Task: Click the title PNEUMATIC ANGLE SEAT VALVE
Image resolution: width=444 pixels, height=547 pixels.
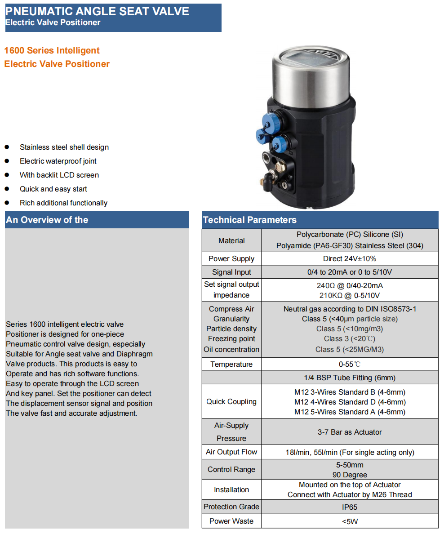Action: click(x=97, y=11)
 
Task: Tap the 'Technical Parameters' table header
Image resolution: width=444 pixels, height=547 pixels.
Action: click(x=250, y=220)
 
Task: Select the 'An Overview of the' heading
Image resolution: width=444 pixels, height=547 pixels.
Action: click(x=47, y=220)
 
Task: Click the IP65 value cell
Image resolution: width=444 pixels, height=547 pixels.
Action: click(x=350, y=507)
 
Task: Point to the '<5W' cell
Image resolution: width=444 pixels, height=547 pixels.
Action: click(x=350, y=521)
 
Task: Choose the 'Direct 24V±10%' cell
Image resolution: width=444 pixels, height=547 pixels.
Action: click(x=350, y=258)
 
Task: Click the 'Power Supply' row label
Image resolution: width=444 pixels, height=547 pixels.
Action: click(x=231, y=258)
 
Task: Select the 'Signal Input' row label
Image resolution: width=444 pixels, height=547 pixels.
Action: click(x=231, y=272)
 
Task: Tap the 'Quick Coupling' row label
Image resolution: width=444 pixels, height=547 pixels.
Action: click(x=231, y=402)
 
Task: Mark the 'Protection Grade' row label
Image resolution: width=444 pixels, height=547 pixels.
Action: click(x=231, y=507)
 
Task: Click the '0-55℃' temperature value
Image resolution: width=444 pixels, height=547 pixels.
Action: click(x=350, y=364)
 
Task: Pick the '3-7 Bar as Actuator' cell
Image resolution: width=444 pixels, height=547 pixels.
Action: click(x=350, y=432)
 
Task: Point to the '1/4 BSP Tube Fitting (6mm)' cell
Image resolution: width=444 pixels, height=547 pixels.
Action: click(x=350, y=378)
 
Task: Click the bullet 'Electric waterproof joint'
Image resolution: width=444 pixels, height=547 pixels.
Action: click(x=58, y=161)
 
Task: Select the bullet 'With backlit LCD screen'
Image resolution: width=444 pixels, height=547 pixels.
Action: click(x=59, y=175)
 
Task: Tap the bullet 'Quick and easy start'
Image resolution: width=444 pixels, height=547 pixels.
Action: click(x=53, y=189)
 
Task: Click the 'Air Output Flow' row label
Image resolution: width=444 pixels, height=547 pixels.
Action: click(x=231, y=452)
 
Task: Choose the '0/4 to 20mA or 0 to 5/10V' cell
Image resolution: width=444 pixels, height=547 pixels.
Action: click(x=350, y=272)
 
